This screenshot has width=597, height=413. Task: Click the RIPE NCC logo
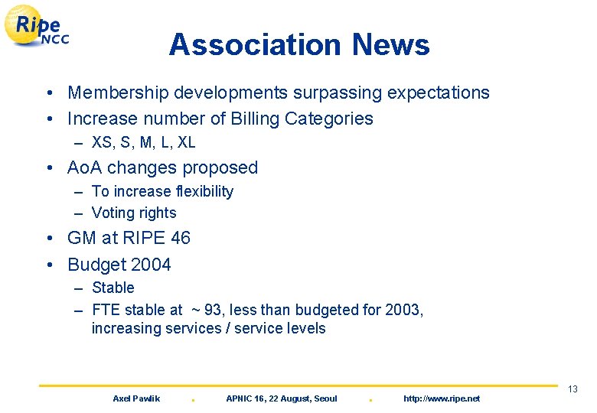38,28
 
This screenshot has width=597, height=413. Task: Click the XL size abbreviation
186,143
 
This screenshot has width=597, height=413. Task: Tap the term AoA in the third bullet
86,167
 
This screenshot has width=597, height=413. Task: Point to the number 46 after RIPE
181,239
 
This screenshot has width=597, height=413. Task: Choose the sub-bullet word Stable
113,288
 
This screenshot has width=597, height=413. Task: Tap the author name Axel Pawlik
136,399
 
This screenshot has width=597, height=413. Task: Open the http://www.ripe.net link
442,399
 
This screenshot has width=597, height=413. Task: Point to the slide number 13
573,390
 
